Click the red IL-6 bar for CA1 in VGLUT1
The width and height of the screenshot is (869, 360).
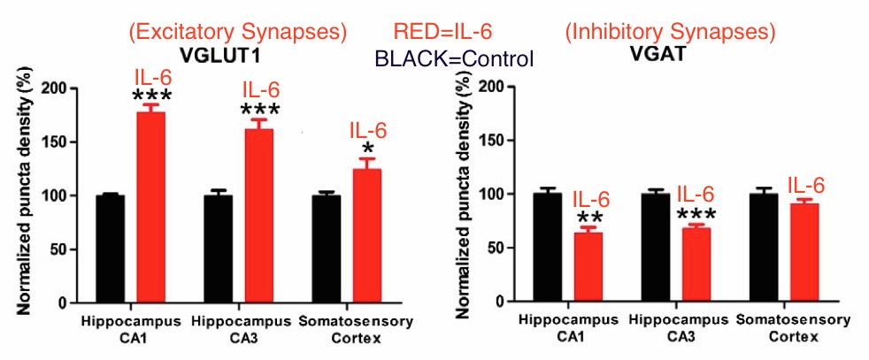tap(150, 208)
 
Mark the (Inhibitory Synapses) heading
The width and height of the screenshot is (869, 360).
tap(671, 33)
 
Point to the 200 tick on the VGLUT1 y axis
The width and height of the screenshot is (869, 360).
tap(58, 88)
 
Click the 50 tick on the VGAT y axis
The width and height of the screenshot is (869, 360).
tap(499, 248)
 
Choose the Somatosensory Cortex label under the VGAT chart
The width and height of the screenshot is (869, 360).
tap(781, 328)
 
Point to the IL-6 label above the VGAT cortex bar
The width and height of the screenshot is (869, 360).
tap(805, 186)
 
